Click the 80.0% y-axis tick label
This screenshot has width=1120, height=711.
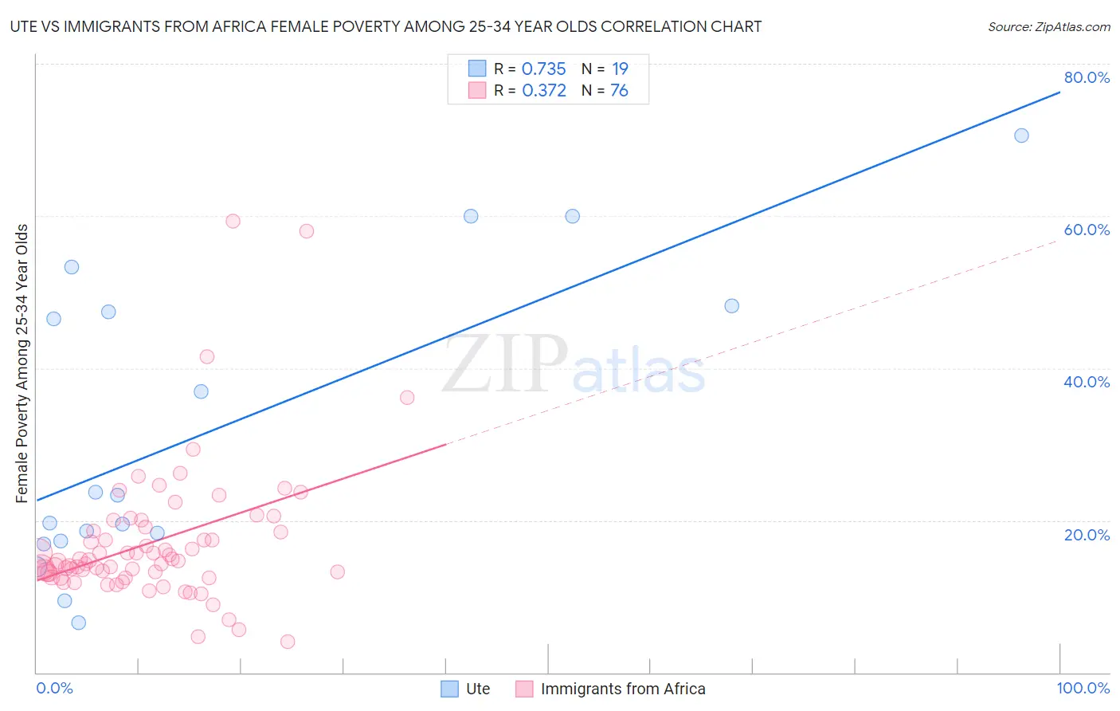coord(1087,77)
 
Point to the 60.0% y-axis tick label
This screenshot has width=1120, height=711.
coord(1087,230)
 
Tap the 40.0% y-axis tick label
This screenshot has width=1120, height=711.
coord(1087,382)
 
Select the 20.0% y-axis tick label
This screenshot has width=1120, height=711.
coord(1087,534)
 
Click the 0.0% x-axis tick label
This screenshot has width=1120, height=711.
coord(54,688)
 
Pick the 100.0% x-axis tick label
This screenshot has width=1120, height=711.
coord(1083,688)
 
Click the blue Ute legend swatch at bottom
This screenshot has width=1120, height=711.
coord(450,689)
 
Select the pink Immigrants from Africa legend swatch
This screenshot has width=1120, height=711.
coord(524,689)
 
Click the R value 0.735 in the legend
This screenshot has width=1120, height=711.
coord(543,69)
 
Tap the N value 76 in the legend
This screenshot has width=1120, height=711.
coord(619,91)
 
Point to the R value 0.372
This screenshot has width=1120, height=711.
coord(544,91)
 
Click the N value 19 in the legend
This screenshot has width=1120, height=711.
coord(620,69)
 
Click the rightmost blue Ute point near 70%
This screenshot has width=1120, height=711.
coord(1021,136)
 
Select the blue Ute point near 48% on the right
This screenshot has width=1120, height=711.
coord(732,306)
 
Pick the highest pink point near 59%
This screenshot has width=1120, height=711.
coord(233,221)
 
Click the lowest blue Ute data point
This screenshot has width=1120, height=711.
coord(79,623)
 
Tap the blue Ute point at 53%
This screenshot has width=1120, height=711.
coord(72,267)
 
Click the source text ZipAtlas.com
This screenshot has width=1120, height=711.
coord(1048,27)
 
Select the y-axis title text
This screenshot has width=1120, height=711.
coord(22,363)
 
